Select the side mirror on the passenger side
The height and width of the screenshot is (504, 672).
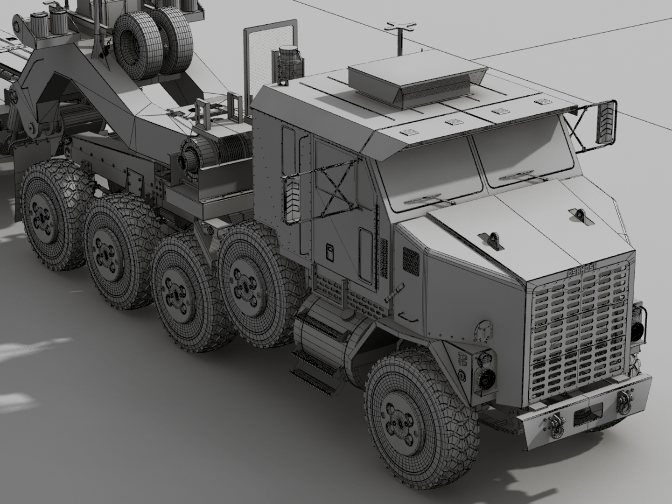pyautogui.click(x=606, y=123)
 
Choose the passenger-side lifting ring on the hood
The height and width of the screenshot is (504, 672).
pyautogui.click(x=578, y=214)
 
